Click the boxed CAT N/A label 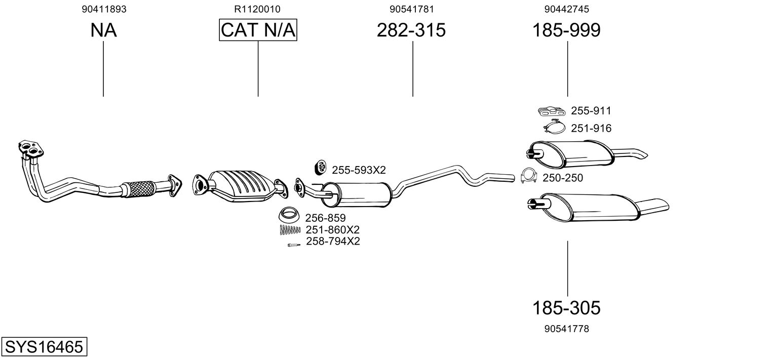[258, 30]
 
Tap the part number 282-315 [411, 30]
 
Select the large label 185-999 [566, 30]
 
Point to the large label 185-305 [566, 307]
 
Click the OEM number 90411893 [104, 9]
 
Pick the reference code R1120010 [257, 9]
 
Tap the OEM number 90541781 [412, 9]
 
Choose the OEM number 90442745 [567, 9]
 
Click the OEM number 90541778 [567, 329]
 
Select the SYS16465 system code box [44, 347]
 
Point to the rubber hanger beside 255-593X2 [321, 167]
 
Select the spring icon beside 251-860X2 [290, 230]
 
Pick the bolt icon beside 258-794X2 [293, 245]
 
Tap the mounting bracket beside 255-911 [551, 111]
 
